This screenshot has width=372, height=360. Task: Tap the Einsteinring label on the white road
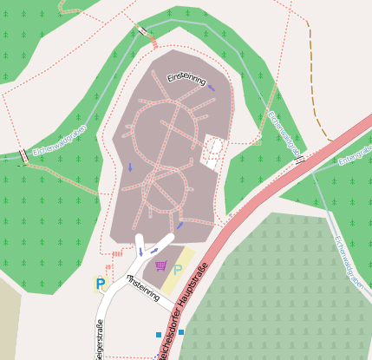[144, 289]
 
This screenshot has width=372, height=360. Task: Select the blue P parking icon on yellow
[101, 284]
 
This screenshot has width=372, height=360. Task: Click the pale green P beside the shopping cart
[178, 270]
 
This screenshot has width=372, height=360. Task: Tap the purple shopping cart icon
[160, 265]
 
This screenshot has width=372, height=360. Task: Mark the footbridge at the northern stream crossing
[141, 31]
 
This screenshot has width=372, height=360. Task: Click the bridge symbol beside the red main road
[300, 159]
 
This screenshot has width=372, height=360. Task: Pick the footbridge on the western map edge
[23, 157]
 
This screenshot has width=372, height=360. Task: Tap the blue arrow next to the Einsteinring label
[212, 87]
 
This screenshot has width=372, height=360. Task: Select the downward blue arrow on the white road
[140, 252]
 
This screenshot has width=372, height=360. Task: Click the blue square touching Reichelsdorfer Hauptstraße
[181, 333]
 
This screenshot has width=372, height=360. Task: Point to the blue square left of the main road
[158, 334]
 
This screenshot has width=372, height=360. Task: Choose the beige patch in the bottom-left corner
[10, 321]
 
